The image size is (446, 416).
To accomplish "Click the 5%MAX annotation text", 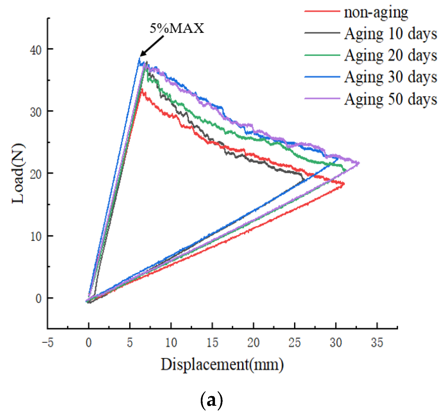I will pyautogui.click(x=177, y=28).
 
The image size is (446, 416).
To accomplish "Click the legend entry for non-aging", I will pyautogui.click(x=376, y=12).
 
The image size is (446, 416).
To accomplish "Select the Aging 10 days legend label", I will pyautogui.click(x=391, y=34).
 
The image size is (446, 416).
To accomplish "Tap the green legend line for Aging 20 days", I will pyautogui.click(x=322, y=55).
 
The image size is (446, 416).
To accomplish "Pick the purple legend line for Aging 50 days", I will pyautogui.click(x=322, y=98).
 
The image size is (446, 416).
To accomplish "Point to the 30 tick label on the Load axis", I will pyautogui.click(x=36, y=112).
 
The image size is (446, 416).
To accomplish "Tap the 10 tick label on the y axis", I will pyautogui.click(x=36, y=237).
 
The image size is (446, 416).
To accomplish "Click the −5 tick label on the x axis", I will pyautogui.click(x=48, y=343).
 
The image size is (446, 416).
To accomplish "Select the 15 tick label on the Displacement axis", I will pyautogui.click(x=212, y=343).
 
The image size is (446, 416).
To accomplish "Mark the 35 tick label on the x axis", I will pyautogui.click(x=377, y=343).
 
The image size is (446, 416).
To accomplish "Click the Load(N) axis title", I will pyautogui.click(x=18, y=173).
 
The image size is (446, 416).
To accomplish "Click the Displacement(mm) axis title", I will pyautogui.click(x=222, y=365).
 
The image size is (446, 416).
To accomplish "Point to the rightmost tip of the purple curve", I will pyautogui.click(x=359, y=163).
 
